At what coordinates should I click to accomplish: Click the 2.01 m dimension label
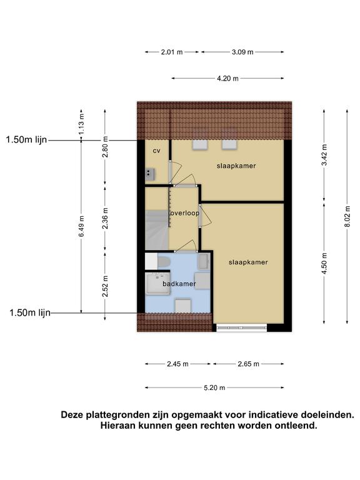click(172, 52)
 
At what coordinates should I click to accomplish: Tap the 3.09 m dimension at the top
click(242, 52)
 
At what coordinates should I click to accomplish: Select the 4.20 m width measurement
click(227, 78)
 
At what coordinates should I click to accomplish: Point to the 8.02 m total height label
click(347, 216)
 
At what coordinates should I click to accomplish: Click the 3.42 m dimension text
click(324, 154)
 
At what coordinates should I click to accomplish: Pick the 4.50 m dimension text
click(324, 263)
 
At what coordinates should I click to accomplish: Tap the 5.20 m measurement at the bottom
click(214, 388)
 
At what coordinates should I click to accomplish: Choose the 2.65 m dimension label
click(248, 364)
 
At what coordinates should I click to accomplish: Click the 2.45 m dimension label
click(177, 364)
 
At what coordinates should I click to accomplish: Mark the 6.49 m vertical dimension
click(81, 226)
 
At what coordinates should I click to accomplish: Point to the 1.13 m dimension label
click(81, 124)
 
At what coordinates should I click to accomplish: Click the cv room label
click(156, 151)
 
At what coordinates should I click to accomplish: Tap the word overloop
click(184, 213)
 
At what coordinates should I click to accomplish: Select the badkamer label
click(179, 284)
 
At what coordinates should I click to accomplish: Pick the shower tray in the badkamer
click(157, 284)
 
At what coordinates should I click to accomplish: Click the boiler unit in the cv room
click(150, 174)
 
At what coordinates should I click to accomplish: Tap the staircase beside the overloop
click(157, 229)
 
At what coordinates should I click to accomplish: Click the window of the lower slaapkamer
click(241, 328)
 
